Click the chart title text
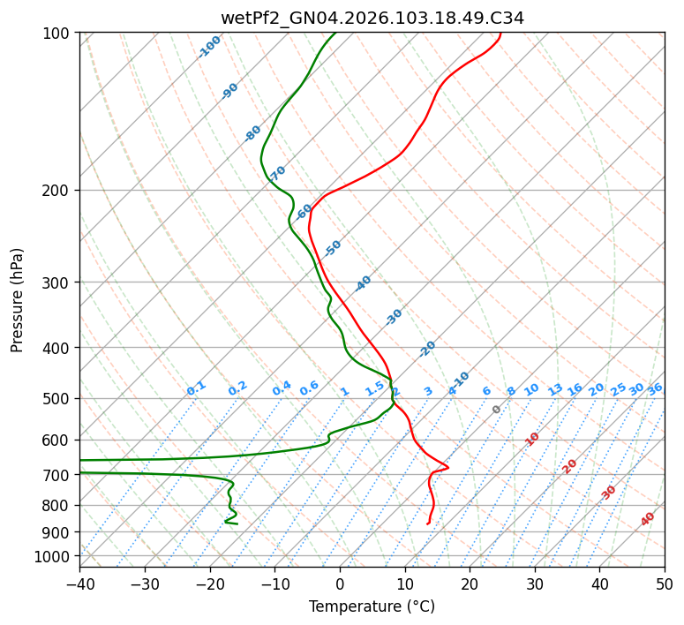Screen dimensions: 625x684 click(x=372, y=18)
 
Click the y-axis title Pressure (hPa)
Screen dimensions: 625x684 click(x=18, y=299)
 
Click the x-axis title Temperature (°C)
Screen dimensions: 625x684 click(x=372, y=606)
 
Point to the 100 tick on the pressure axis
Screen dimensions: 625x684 click(x=57, y=33)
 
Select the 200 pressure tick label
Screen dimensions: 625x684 click(x=57, y=190)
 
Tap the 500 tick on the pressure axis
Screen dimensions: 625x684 click(x=57, y=398)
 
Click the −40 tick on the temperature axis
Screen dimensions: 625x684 click(x=79, y=584)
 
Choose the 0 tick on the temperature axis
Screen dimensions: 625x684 click(x=340, y=584)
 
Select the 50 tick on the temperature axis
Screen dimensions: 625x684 click(x=665, y=584)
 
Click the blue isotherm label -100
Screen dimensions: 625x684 click(x=209, y=46)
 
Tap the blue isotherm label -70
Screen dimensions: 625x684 click(x=278, y=171)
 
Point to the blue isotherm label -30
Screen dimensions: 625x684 click(x=394, y=316)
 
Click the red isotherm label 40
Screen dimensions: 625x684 click(x=648, y=519)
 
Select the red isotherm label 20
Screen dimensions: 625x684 click(x=569, y=465)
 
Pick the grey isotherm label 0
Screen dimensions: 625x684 click(x=496, y=410)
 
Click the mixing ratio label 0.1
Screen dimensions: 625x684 click(x=196, y=388)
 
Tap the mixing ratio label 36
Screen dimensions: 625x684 click(x=655, y=388)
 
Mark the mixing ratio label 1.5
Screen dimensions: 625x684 click(x=374, y=388)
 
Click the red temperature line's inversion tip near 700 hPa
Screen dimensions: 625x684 click(x=447, y=467)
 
